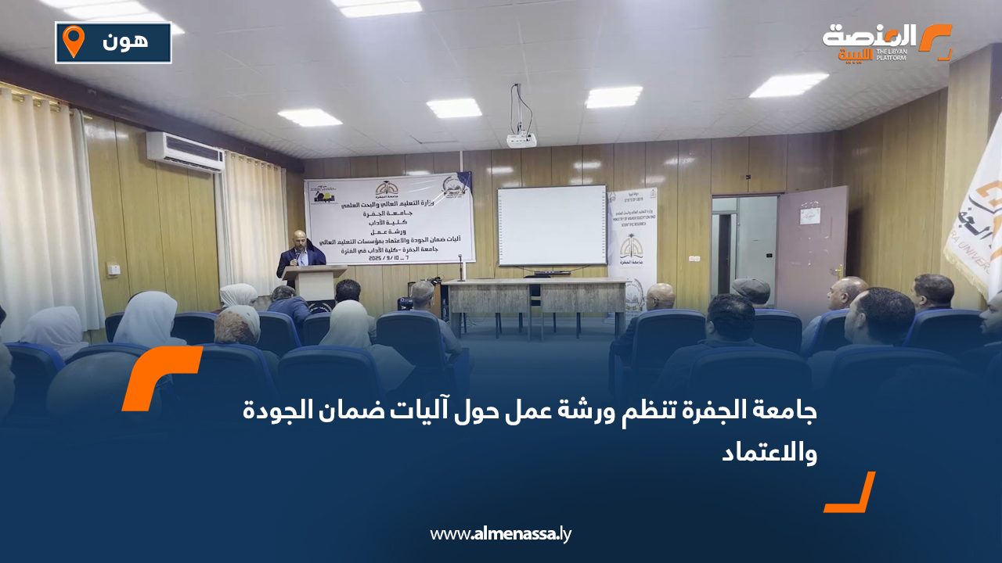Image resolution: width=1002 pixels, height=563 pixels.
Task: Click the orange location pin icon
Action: click(x=73, y=41)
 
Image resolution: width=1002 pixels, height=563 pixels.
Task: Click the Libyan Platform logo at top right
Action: click(x=887, y=41)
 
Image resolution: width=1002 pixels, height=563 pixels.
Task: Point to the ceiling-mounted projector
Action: click(x=521, y=140)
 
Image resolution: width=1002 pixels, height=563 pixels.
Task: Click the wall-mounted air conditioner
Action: click(x=185, y=151)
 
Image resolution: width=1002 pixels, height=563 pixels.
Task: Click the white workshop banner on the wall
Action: click(x=390, y=218)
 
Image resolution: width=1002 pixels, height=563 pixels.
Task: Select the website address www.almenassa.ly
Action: click(x=501, y=534)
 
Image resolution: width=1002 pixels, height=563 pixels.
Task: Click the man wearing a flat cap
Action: click(x=751, y=292)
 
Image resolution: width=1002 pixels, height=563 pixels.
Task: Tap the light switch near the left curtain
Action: click(x=114, y=269)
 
